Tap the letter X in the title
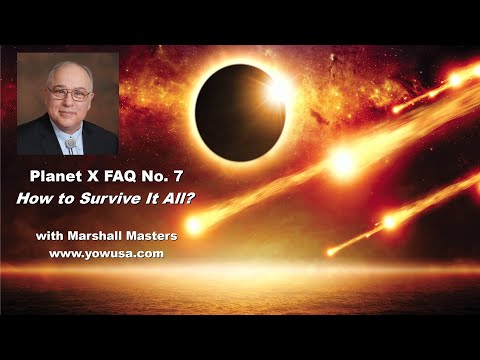(97, 177)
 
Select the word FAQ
(126, 177)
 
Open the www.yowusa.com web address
(106, 255)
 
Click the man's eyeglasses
(67, 93)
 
